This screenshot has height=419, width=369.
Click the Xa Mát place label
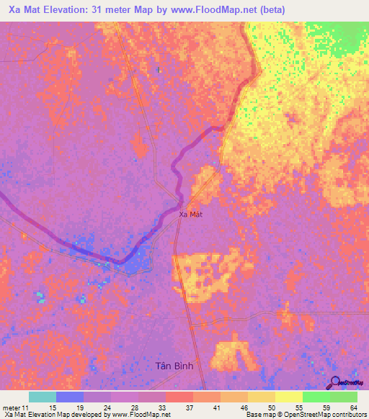pyautogui.click(x=190, y=214)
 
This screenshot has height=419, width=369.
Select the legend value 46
pyautogui.click(x=224, y=407)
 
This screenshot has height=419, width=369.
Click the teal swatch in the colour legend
pyautogui.click(x=43, y=397)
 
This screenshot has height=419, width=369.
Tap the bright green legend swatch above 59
pyautogui.click(x=316, y=397)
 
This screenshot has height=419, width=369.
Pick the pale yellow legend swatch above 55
pyautogui.click(x=289, y=397)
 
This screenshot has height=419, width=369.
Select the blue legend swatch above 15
pyautogui.click(x=70, y=397)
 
